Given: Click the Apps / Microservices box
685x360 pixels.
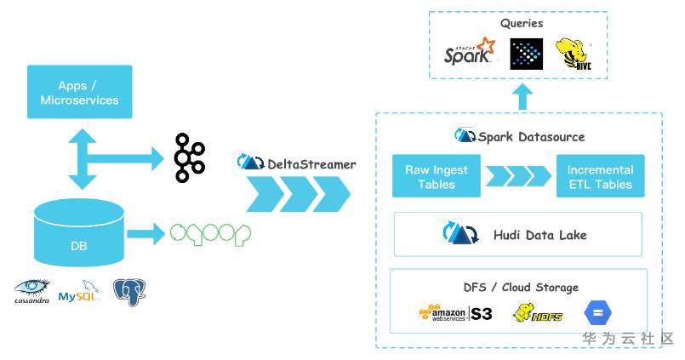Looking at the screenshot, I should (79, 93).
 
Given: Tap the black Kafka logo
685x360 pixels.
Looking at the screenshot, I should (188, 157).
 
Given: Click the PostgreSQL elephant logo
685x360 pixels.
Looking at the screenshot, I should (129, 291).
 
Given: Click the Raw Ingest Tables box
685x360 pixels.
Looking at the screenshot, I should (436, 177).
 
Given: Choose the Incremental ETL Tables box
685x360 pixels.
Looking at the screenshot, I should (600, 177).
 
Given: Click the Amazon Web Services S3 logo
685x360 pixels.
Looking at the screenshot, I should (455, 313).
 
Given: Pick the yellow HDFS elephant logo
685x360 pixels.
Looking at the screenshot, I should (538, 312).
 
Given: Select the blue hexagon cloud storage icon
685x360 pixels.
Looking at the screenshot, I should (597, 312).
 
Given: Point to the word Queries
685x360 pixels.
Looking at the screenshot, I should (522, 24).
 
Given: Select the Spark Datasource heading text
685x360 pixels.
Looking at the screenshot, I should (531, 137).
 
